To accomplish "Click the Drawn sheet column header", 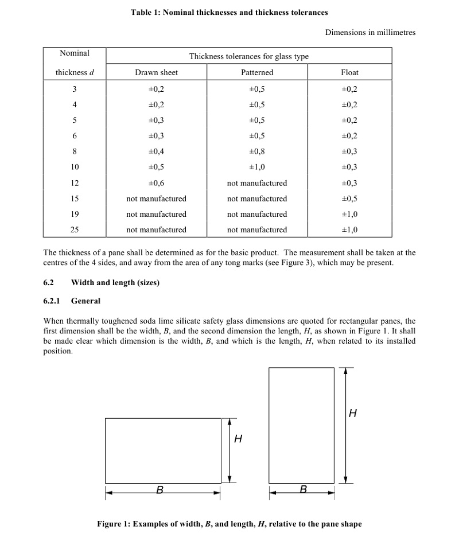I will coord(156,72).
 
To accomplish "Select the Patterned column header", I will coord(257,72).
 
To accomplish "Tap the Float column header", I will coord(349,72).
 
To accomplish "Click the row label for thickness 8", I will coord(75,151).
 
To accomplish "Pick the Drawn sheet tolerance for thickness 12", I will coord(156,183).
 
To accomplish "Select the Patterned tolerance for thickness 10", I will coord(257,168).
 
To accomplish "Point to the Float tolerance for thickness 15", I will coord(349,199).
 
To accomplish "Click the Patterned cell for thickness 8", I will coord(257,151).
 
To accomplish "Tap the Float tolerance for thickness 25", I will coord(349,229).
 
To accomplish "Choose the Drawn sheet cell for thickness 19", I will coord(156,214).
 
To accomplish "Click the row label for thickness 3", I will coord(75,89).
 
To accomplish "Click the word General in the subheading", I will coord(85,301).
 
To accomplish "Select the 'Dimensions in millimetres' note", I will coord(370,33).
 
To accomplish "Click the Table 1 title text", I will coord(229,12).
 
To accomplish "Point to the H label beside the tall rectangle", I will coord(353,413).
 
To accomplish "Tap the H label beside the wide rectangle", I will coord(238,439).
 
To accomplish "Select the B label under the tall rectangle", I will coord(304,489).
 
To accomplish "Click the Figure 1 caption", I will coord(229,524).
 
